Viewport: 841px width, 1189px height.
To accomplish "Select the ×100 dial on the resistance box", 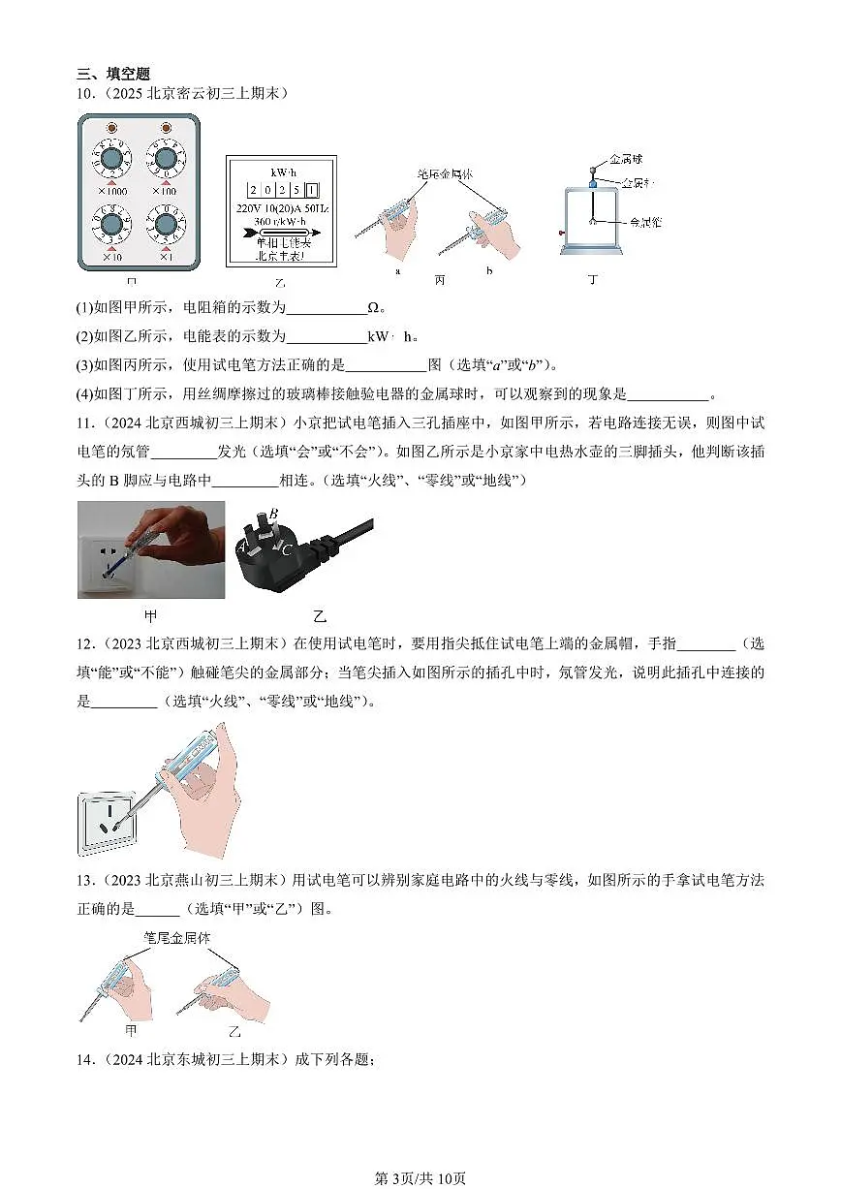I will [166, 159].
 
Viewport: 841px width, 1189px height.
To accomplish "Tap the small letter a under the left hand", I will [399, 271].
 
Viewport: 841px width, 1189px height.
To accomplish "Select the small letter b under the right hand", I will [489, 271].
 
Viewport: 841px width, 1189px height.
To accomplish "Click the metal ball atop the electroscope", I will [592, 170].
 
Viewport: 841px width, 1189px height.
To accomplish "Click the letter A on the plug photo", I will [241, 548].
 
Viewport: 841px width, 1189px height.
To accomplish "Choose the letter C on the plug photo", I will [288, 548].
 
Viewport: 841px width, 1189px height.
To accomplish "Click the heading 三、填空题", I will [114, 74].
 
